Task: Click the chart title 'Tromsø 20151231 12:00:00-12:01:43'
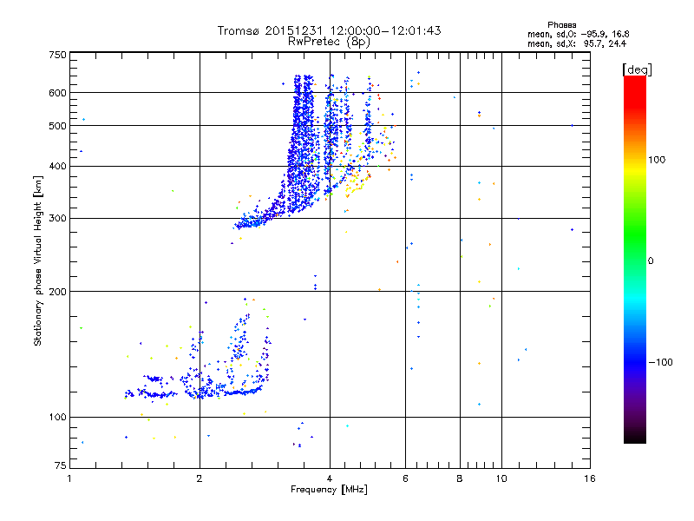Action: click(329, 30)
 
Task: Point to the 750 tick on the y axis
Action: click(56, 55)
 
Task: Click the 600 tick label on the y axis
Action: click(56, 93)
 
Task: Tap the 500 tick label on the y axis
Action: click(56, 126)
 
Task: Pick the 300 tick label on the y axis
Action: click(56, 218)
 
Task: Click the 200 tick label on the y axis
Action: click(56, 291)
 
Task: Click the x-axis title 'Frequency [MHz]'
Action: click(329, 490)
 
